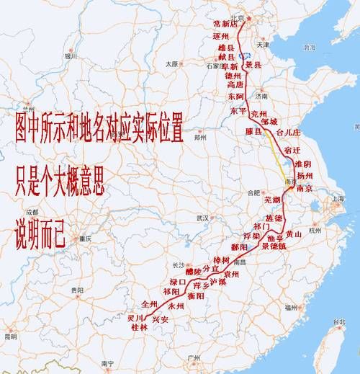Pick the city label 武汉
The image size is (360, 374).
pyautogui.click(x=203, y=217)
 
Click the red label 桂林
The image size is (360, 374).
pyautogui.click(x=138, y=326)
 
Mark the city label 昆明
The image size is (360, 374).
pyautogui.click(x=10, y=336)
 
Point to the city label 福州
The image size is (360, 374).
pyautogui.click(x=290, y=307)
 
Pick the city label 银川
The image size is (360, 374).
pyautogui.click(x=70, y=56)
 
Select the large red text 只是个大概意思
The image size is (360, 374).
pyautogui.click(x=60, y=186)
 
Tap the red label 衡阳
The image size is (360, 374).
pyautogui.click(x=196, y=295)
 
